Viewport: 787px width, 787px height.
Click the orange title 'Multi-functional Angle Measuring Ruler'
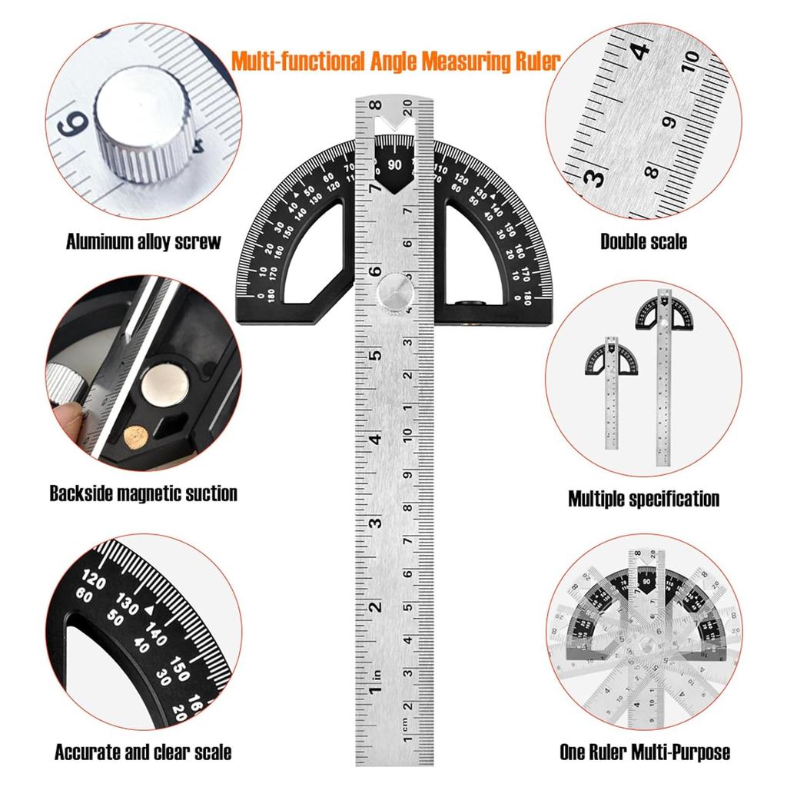click(x=395, y=61)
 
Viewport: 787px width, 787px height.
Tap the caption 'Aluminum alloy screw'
click(x=143, y=242)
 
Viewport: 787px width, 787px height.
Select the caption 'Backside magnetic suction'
click(x=143, y=493)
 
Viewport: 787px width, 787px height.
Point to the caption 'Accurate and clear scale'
click(x=143, y=752)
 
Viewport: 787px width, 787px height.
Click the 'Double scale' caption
click(x=643, y=243)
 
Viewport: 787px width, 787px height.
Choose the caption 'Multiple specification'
click(x=643, y=499)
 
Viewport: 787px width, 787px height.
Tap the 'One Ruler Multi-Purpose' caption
click(x=644, y=752)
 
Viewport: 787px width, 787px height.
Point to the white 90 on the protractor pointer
click(x=395, y=164)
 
